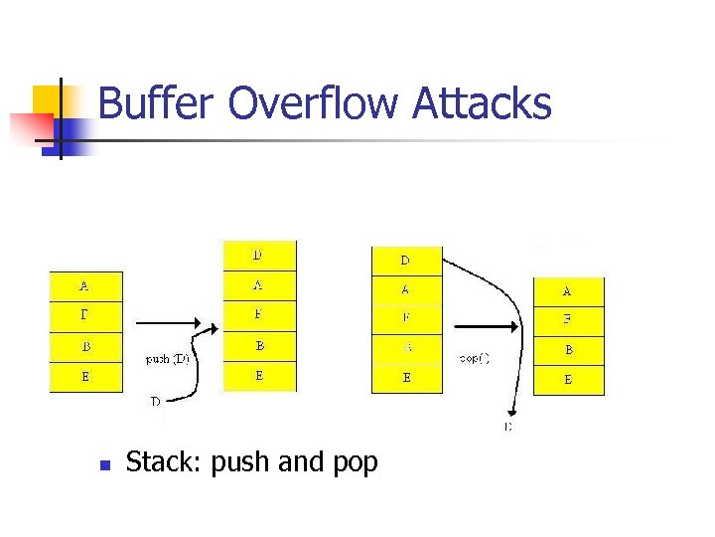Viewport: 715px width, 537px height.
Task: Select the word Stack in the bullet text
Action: tap(161, 462)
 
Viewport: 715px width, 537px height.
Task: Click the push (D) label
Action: tap(167, 359)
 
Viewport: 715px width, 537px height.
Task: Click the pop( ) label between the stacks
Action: tap(474, 356)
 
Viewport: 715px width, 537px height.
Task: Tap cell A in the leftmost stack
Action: tap(85, 286)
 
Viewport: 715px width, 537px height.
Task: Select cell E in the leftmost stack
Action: tap(85, 377)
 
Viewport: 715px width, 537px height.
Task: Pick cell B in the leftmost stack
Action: tap(85, 347)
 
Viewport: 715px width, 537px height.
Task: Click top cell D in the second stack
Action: tap(258, 256)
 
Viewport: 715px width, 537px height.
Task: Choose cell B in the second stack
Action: tap(258, 347)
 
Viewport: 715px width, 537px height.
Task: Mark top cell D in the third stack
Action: tap(405, 262)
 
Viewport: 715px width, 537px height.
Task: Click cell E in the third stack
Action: tap(405, 378)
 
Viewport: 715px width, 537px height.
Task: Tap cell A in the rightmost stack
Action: tap(568, 291)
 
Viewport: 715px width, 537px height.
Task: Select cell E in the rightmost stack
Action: tap(568, 380)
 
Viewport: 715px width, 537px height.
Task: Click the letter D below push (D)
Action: tap(155, 402)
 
